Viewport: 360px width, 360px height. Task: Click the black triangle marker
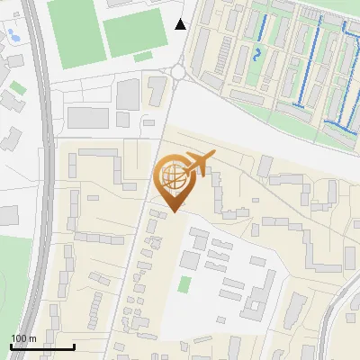[x=181, y=23]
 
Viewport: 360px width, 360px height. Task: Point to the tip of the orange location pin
[x=172, y=211]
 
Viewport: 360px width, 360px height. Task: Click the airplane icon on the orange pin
[x=199, y=163]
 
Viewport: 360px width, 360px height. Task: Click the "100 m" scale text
[x=23, y=338]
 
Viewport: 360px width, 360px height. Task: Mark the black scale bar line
[x=42, y=346]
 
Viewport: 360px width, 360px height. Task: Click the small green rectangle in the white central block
[x=184, y=284]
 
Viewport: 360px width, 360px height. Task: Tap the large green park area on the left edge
[x=13, y=279]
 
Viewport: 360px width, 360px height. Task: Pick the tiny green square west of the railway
[x=17, y=87]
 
